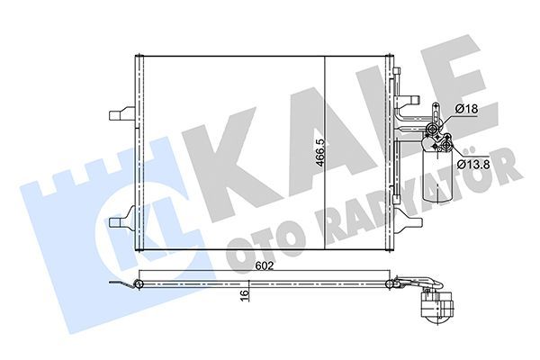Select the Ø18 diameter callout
[x=466, y=109]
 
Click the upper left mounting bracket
[x=121, y=115]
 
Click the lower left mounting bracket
[x=121, y=219]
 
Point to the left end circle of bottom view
[x=139, y=284]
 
